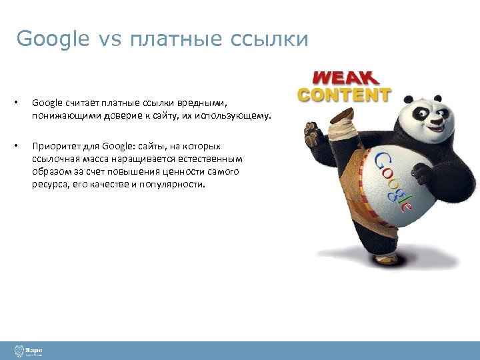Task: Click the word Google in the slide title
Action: click(52, 39)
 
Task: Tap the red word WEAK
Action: click(344, 77)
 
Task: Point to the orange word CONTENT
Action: click(344, 94)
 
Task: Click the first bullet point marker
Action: click(18, 103)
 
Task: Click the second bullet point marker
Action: click(18, 146)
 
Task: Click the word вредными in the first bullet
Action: click(204, 103)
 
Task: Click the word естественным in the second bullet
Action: click(210, 159)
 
